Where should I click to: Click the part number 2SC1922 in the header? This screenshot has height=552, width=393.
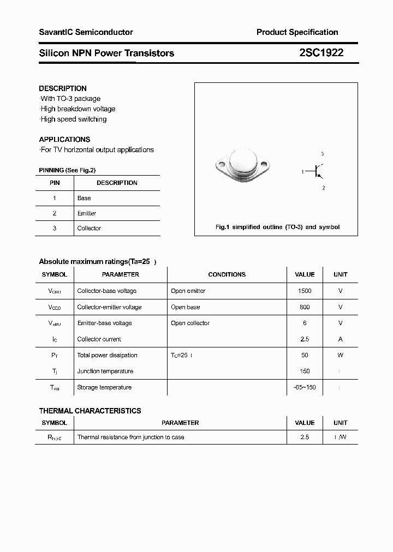click(x=321, y=53)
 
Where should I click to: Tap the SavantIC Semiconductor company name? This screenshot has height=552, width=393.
click(x=86, y=32)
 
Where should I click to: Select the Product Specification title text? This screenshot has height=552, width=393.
click(x=297, y=32)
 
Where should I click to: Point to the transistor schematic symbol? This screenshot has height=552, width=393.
click(x=318, y=171)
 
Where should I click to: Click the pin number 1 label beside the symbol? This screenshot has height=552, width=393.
click(x=302, y=172)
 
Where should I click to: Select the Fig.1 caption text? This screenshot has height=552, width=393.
click(x=277, y=227)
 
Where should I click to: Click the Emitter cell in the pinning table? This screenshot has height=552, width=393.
click(x=87, y=213)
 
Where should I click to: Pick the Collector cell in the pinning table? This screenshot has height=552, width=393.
click(x=89, y=228)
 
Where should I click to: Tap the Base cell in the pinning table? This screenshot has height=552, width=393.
click(x=84, y=198)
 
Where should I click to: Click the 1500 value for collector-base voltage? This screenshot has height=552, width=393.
click(x=305, y=291)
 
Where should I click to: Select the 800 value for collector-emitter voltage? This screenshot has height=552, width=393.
click(x=305, y=307)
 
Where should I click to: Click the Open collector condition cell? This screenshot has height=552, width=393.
click(x=190, y=323)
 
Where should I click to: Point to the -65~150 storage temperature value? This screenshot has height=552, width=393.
click(x=305, y=387)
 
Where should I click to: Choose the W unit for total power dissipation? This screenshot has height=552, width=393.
click(x=340, y=355)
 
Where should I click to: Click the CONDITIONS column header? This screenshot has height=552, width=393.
click(x=227, y=274)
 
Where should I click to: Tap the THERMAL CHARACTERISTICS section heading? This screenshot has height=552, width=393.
click(x=90, y=411)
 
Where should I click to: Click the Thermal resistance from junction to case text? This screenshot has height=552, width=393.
click(x=130, y=437)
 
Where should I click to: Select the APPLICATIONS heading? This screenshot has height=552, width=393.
click(x=64, y=139)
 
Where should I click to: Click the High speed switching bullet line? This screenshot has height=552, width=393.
click(x=73, y=119)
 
